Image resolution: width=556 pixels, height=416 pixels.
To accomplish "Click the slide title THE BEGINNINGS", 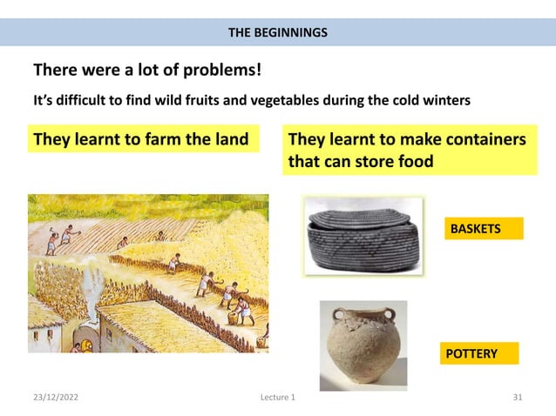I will point(278,33).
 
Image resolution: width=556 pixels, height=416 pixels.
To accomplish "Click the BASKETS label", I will point(476,229).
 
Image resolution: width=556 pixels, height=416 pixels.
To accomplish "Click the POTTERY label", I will point(471,353).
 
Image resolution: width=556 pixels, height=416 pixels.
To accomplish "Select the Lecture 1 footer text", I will point(277,398).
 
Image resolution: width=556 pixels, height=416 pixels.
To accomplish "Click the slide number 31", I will point(518,398).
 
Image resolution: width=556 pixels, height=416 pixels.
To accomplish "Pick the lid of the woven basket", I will point(362,218).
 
